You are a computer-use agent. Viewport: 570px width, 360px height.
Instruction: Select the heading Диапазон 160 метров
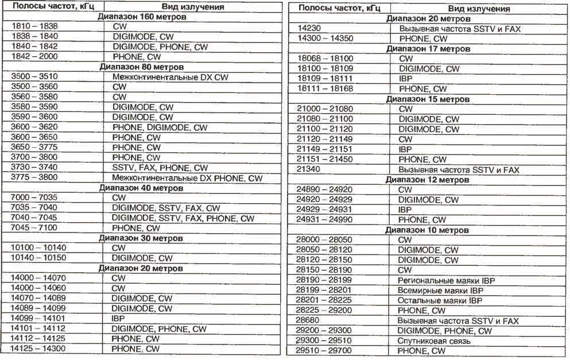[x=141, y=17]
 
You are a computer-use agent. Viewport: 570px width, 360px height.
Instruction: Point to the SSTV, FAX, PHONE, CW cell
[x=160, y=168]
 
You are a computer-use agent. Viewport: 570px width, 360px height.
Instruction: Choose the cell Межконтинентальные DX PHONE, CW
[x=187, y=178]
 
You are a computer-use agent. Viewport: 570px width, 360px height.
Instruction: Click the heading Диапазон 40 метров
[x=141, y=188]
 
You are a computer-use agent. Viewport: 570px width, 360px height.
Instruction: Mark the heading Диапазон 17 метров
[x=428, y=49]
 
